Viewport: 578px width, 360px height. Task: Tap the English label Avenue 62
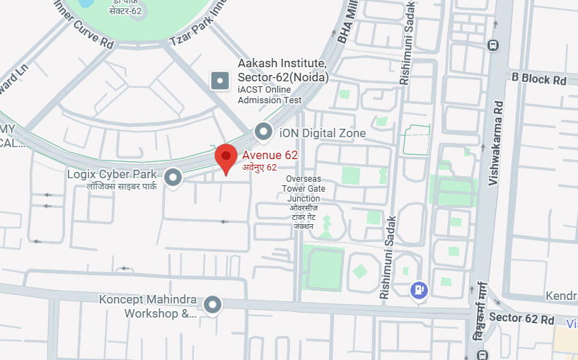click(270, 156)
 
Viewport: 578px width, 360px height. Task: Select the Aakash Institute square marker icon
click(221, 80)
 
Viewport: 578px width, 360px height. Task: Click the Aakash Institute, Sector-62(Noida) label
click(283, 70)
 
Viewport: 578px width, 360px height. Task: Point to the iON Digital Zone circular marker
click(264, 132)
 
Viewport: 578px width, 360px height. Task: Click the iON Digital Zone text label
click(323, 133)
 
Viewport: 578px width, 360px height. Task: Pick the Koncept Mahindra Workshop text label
click(147, 306)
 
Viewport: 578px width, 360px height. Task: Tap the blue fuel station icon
click(419, 289)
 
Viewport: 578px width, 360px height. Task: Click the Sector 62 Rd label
click(521, 318)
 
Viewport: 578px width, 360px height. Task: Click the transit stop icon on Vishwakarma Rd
click(493, 46)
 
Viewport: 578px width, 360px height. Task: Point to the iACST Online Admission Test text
click(270, 95)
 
